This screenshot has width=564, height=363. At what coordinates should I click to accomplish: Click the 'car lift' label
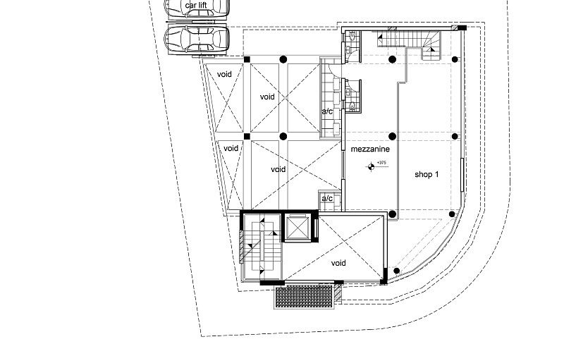(197, 6)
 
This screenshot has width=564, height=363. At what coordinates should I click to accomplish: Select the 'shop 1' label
(427, 173)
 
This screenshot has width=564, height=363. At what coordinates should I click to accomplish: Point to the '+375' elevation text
(382, 163)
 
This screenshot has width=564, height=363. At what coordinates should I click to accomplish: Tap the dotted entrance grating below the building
(304, 297)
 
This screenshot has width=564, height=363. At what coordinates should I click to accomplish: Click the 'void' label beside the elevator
(338, 263)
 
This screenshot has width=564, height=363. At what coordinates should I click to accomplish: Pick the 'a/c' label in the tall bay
(327, 112)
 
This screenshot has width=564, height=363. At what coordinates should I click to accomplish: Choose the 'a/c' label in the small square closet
(328, 199)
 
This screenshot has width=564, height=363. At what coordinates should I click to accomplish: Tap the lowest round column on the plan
(397, 271)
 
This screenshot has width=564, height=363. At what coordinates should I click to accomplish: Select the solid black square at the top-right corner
(462, 27)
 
